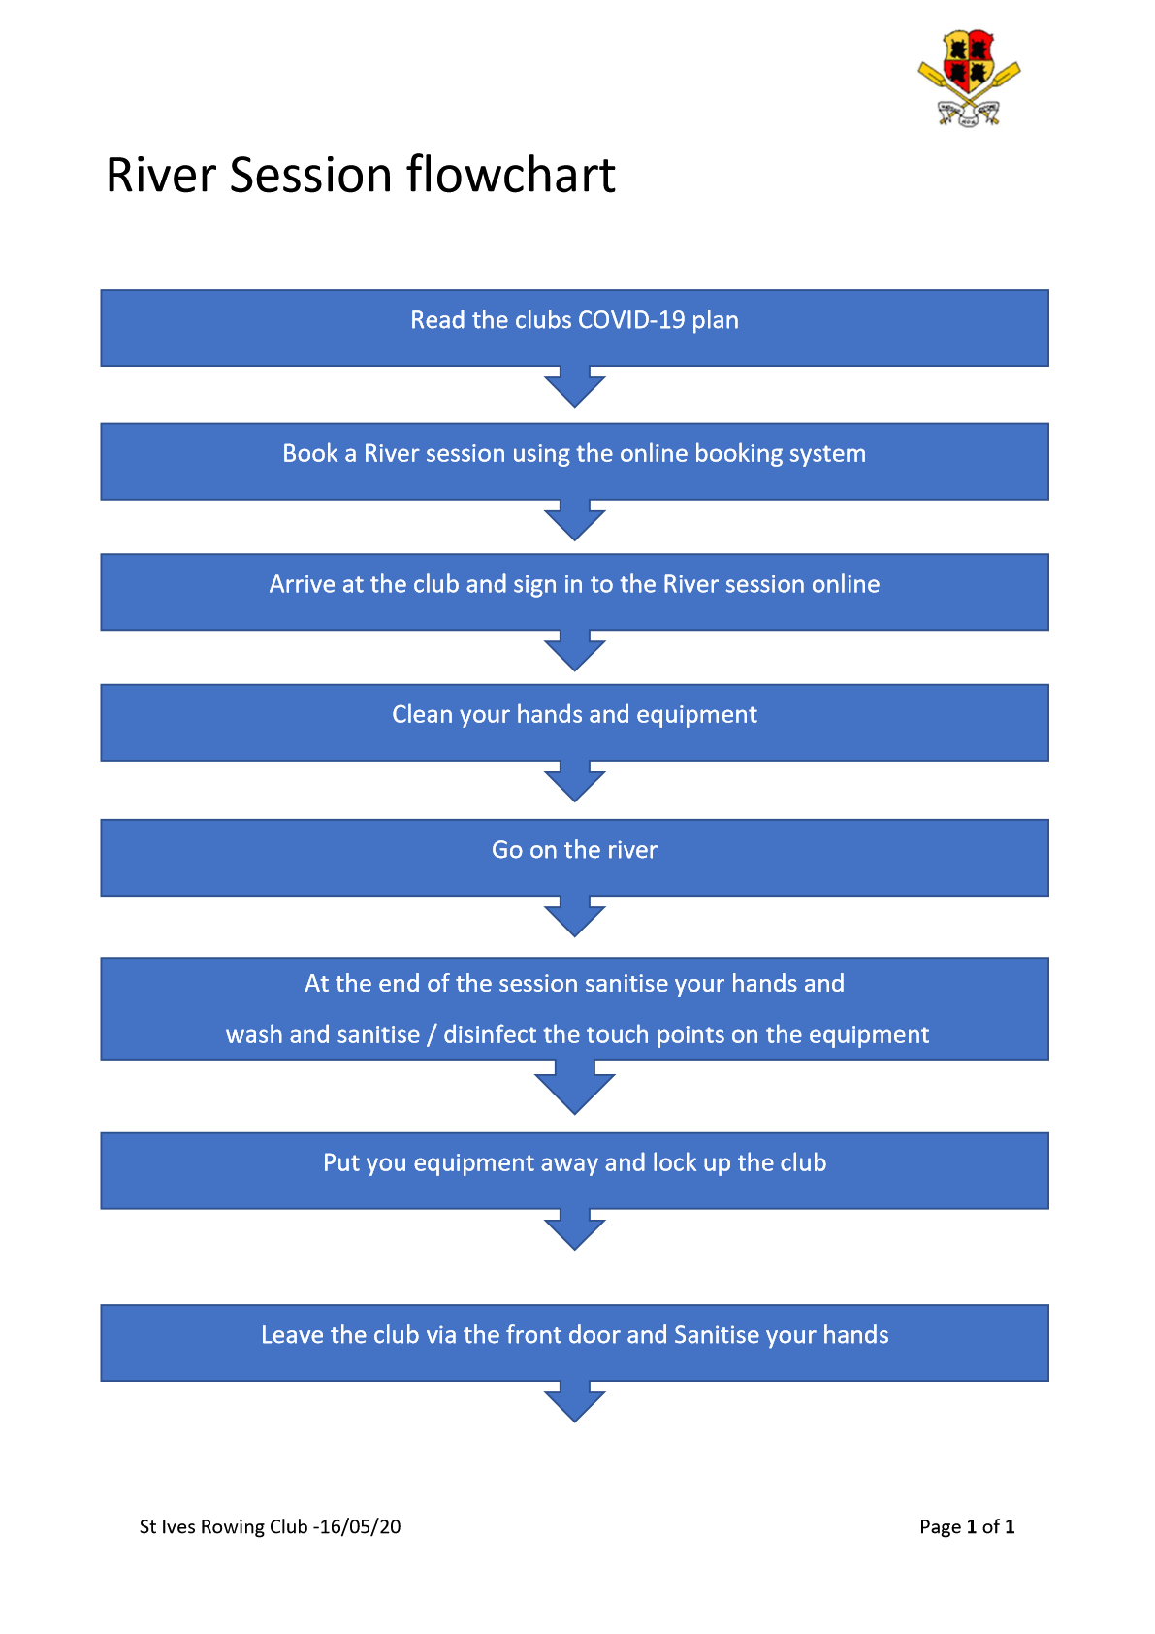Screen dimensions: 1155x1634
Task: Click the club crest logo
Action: pos(969,78)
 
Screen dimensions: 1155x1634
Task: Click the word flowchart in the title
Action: pos(510,175)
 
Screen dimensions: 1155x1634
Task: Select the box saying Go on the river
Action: pos(574,857)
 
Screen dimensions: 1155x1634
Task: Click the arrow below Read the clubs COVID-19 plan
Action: pos(574,386)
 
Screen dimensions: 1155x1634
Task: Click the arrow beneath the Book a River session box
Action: pos(574,520)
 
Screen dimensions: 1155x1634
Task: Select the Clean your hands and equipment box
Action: pos(574,722)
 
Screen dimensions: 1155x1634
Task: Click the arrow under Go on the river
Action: pos(574,916)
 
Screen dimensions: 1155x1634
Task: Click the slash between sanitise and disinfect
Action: pos(432,1035)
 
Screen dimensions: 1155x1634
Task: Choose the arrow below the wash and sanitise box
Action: pos(574,1087)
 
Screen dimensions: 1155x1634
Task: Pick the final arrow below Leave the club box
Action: pos(574,1401)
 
